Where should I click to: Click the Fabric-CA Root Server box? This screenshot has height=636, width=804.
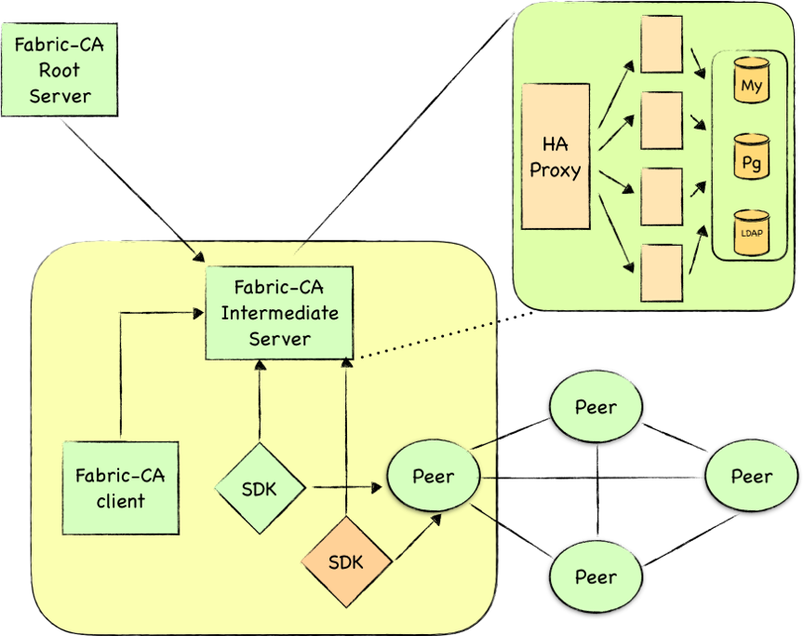coord(60,70)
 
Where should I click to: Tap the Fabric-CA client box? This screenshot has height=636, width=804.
coord(121,487)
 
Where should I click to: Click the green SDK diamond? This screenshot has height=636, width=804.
coord(260,488)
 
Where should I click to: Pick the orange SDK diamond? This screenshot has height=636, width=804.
coord(346,562)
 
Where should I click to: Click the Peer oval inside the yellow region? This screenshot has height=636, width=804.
coord(433,476)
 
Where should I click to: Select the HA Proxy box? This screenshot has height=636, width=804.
coord(556,156)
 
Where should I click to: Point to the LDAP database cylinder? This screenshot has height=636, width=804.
coord(751,232)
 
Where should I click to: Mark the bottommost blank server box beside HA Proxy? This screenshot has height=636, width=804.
coord(663,273)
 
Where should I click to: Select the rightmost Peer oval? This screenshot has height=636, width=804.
coord(751,476)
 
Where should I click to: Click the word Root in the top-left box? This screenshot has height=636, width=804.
coord(60,70)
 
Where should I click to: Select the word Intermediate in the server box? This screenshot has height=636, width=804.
coord(279,312)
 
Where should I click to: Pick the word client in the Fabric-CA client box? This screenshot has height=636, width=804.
coord(121,501)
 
